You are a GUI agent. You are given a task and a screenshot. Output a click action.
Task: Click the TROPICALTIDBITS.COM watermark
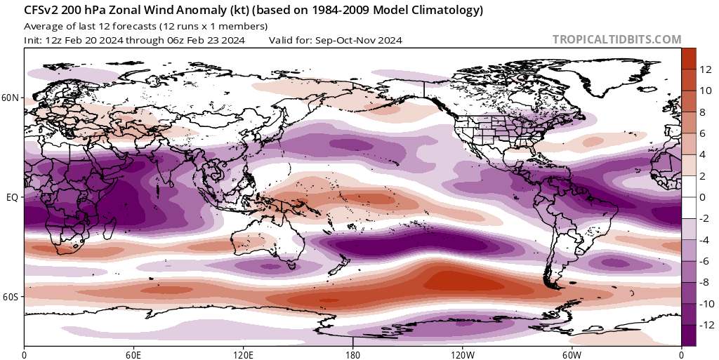tap(617, 40)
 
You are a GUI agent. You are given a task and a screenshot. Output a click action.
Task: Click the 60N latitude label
tap(11, 98)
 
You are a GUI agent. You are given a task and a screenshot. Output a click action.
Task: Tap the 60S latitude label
tap(11, 297)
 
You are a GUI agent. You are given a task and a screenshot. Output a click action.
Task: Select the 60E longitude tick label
tap(134, 353)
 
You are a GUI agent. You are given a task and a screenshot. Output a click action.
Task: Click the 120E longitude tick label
tap(244, 353)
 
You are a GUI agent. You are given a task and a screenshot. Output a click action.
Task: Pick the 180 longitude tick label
tap(353, 353)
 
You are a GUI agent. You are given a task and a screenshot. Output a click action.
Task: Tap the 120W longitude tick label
tap(462, 353)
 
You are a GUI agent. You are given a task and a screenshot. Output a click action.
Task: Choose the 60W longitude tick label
tap(572, 353)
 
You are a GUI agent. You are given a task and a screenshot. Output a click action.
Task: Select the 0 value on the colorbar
tap(702, 197)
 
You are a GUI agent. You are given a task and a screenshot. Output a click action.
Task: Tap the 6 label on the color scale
tap(702, 133)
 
